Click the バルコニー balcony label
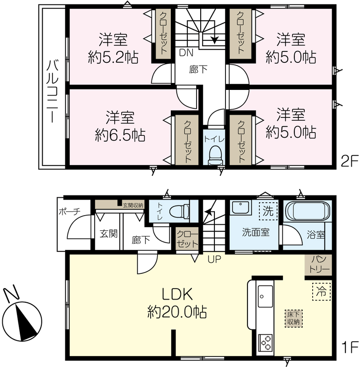coord(52,91)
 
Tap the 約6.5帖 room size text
coord(120,135)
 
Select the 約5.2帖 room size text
coord(113,57)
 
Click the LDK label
coord(177,294)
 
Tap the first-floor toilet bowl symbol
coord(180,211)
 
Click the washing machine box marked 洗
coord(268,211)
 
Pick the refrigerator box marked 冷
coord(321,292)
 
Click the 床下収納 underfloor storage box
coord(293,318)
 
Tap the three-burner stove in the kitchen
coord(265,343)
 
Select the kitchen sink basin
coord(265,296)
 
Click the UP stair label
coord(214,259)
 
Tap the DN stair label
coord(186,53)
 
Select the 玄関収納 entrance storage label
coord(133,206)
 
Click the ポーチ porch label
coord(69,212)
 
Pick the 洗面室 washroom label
coord(256,233)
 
